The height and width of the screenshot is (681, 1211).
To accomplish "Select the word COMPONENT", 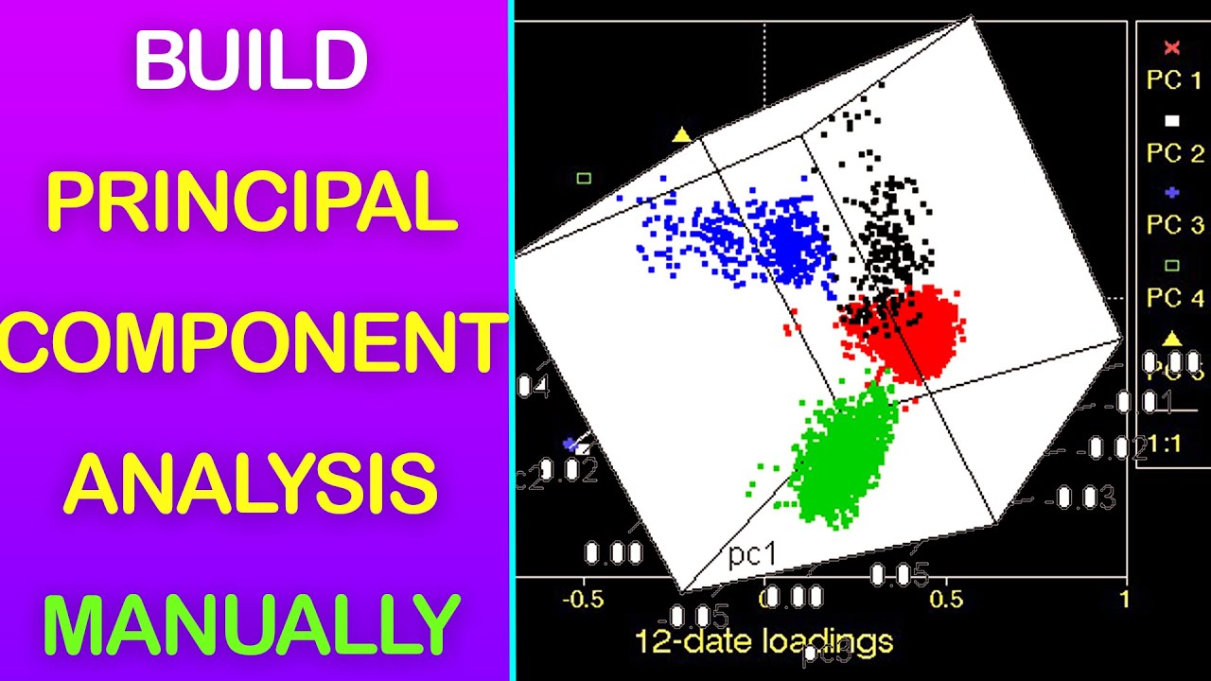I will coord(252,343).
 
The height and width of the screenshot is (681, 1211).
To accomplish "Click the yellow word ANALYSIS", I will coord(252,482).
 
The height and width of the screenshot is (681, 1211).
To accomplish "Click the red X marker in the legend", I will coord(1172,48).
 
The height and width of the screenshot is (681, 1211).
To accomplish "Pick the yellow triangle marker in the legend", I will coord(1172,338).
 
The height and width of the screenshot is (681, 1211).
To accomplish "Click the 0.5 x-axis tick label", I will coord(946,600).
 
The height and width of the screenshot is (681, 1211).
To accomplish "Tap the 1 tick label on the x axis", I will coord(1124,600).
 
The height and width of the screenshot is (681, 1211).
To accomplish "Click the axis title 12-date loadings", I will coord(763,642).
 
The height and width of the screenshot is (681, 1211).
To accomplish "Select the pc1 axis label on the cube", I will coord(752,555).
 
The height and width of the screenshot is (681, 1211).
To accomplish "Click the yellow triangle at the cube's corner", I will coord(681,135).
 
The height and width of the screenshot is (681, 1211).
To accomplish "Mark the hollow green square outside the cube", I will coord(584,178).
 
